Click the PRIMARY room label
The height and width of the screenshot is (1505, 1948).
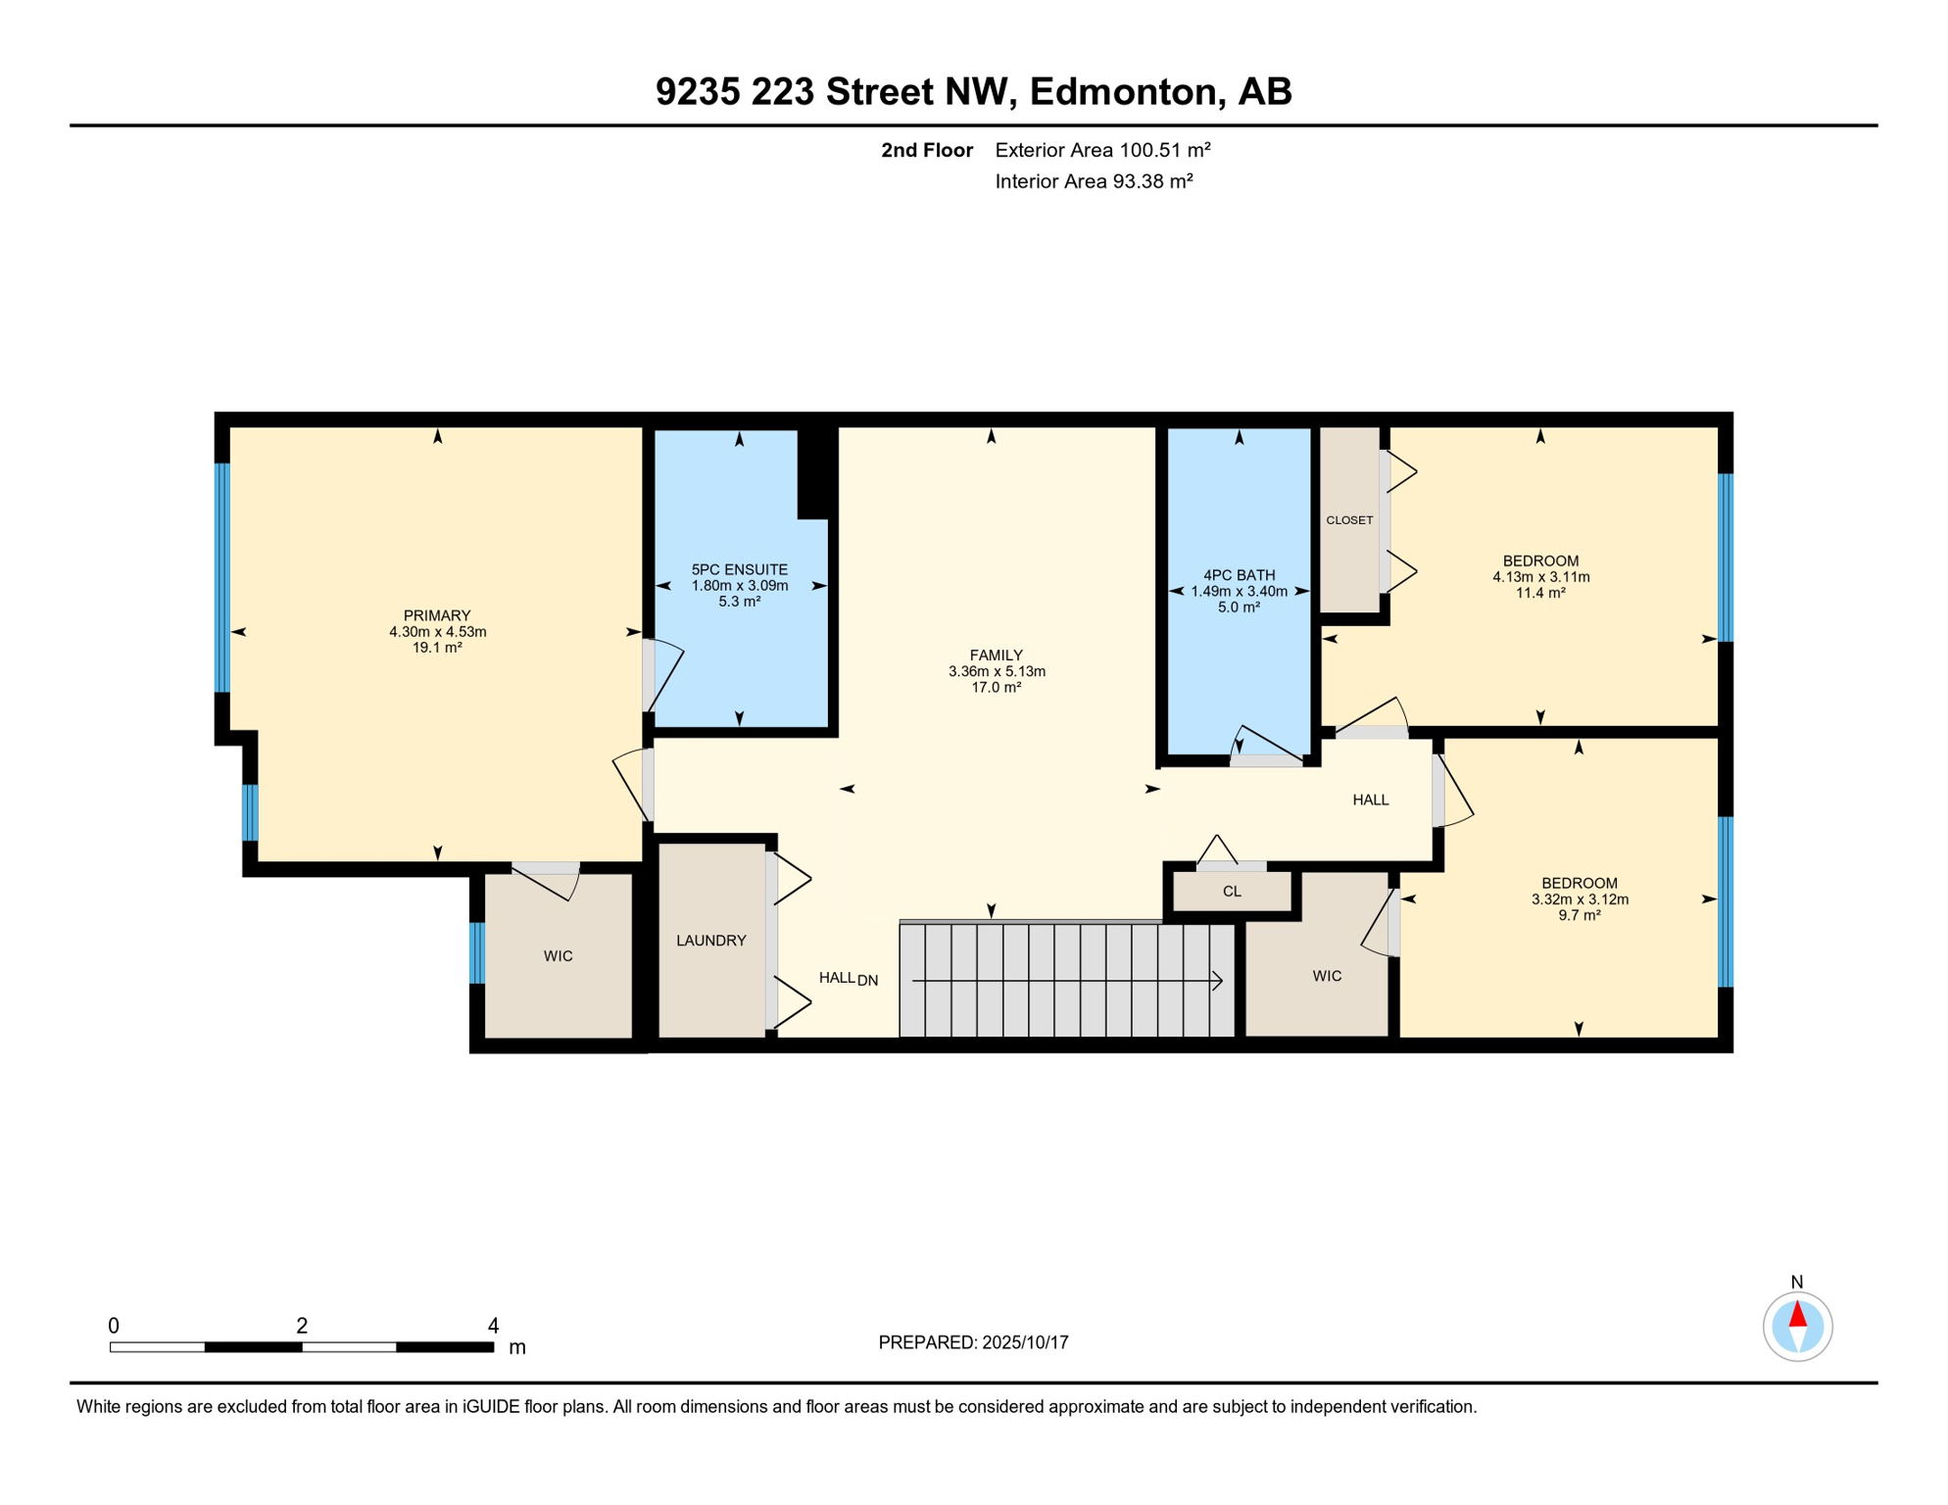click(437, 615)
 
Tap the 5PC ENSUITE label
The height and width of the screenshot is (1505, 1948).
click(739, 569)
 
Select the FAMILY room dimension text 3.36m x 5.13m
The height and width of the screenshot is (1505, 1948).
click(997, 671)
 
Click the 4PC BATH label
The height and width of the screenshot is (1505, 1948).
click(1239, 575)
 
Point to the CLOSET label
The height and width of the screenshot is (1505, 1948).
click(1349, 520)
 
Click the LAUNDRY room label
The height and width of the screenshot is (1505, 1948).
click(710, 941)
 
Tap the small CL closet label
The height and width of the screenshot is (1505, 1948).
click(1232, 892)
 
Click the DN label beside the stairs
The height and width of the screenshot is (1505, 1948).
click(867, 980)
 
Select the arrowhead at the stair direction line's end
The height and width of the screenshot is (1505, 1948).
click(1217, 980)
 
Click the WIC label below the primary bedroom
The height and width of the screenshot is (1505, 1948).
click(558, 956)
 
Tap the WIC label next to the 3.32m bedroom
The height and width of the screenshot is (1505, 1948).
click(1327, 976)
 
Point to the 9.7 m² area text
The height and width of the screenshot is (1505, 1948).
click(1579, 915)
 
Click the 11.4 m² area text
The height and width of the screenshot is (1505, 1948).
click(1540, 593)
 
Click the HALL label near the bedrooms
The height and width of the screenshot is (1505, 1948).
click(1370, 800)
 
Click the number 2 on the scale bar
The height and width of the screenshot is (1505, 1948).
click(302, 1326)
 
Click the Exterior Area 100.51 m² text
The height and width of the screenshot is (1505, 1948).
click(1102, 150)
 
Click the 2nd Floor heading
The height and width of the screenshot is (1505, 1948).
click(926, 150)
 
